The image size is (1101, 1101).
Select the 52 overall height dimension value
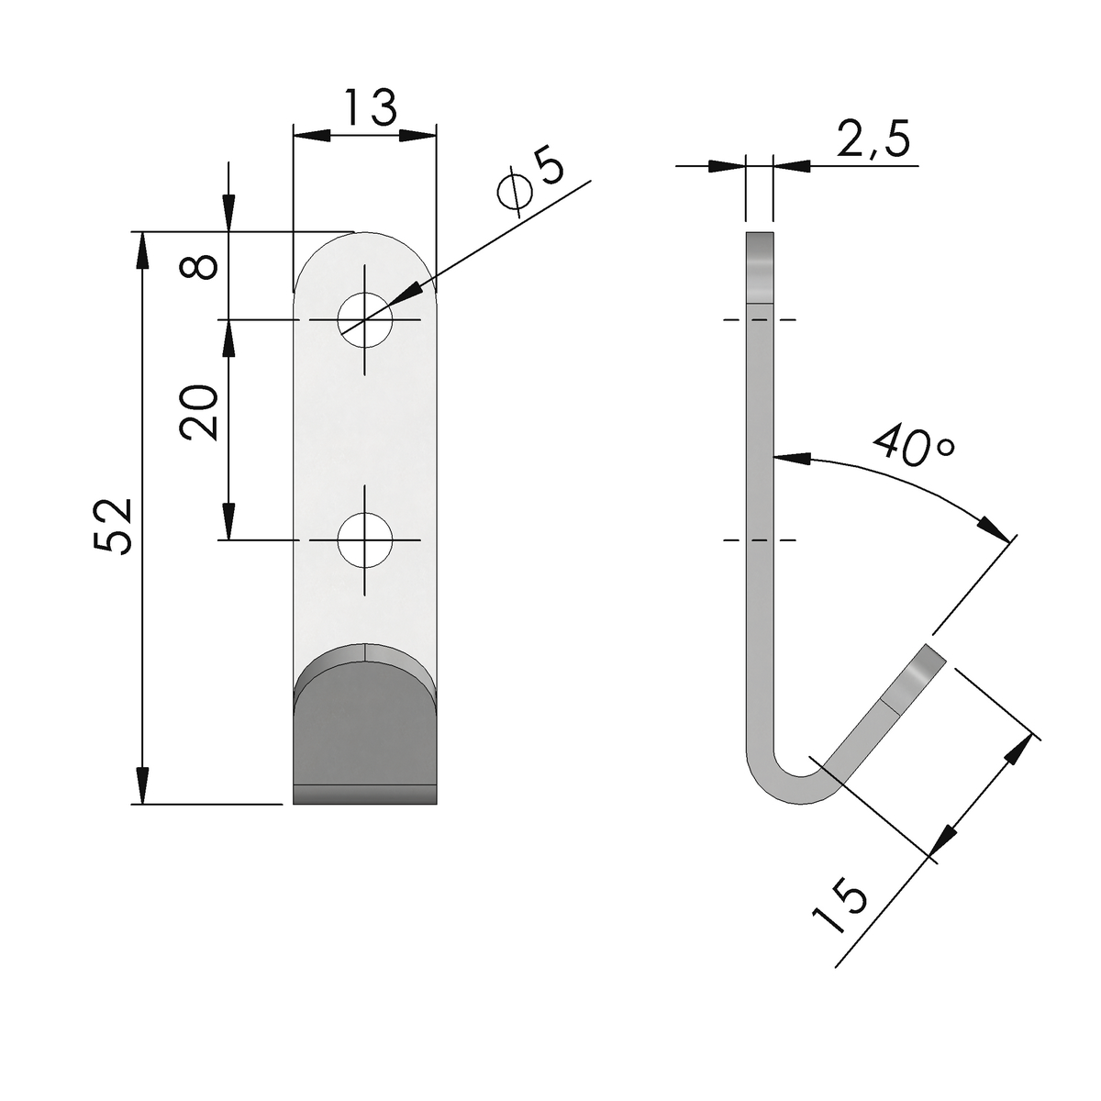(x=113, y=527)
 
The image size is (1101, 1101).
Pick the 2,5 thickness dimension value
(x=873, y=139)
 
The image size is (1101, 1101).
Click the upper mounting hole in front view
(x=365, y=320)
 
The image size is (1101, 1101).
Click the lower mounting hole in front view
(x=365, y=539)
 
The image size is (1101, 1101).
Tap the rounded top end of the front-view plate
(x=365, y=257)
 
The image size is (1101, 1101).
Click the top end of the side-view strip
(x=760, y=234)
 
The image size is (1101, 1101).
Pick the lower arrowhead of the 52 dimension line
(x=141, y=786)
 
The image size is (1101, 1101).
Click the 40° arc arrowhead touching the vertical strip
(x=792, y=458)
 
